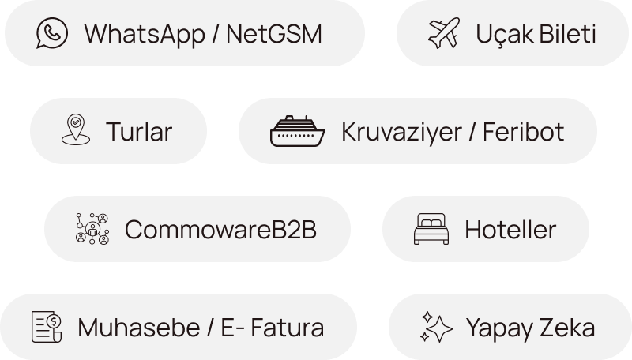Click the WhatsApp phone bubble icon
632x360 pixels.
[51, 33]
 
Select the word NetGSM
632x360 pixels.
[274, 34]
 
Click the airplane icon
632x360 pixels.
[443, 33]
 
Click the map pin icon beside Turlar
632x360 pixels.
[74, 131]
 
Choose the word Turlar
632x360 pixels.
[138, 132]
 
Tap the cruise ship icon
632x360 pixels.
[297, 131]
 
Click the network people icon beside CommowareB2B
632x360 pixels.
[91, 229]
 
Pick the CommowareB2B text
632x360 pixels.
[220, 230]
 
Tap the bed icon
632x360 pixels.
[431, 229]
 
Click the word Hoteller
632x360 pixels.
[510, 230]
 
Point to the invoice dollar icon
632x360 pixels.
[47, 327]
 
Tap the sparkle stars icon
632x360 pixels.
[436, 326]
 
